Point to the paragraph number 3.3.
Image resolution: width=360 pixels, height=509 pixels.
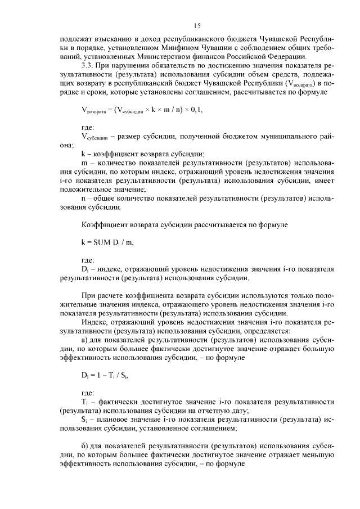click(x=88, y=65)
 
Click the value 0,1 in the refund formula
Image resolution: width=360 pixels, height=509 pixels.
click(x=193, y=110)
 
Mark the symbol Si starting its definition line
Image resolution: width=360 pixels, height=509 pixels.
click(x=84, y=419)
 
